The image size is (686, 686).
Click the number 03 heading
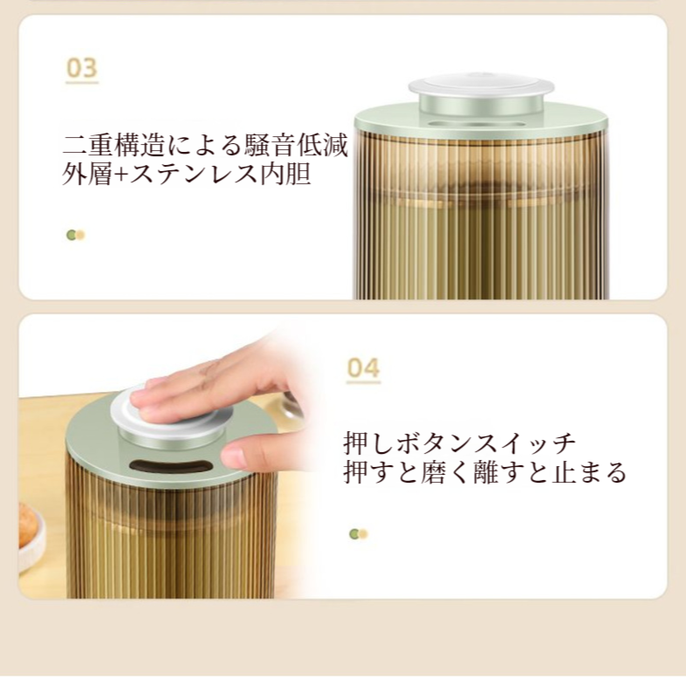[82, 68]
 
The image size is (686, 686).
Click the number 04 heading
[363, 368]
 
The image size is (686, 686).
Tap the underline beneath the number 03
[82, 84]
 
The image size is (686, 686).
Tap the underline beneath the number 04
[363, 383]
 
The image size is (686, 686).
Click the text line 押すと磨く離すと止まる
[484, 473]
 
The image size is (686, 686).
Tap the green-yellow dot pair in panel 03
[76, 235]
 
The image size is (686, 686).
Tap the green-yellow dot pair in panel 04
[358, 534]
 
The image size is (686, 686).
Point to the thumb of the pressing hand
[250, 454]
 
